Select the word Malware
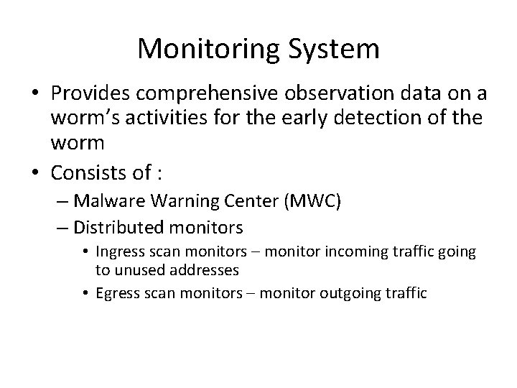click(103, 202)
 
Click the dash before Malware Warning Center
click(62, 203)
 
